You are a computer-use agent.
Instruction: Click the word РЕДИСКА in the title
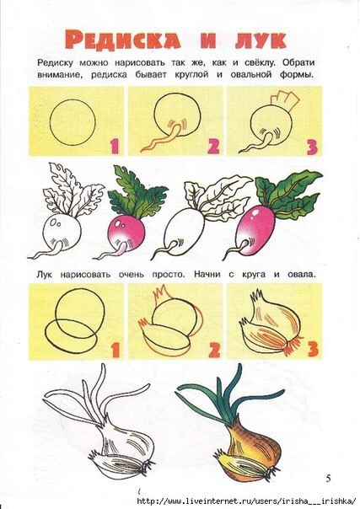tap(123, 40)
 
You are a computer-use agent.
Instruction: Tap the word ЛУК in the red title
tap(261, 40)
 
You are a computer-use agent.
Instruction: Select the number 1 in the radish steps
tap(115, 147)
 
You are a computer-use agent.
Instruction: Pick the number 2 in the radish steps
tap(213, 147)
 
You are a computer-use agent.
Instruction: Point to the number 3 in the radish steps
tap(311, 147)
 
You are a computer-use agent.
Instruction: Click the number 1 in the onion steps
tap(116, 351)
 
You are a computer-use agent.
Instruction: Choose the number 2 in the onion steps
tap(214, 351)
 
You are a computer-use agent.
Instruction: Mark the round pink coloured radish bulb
tap(126, 233)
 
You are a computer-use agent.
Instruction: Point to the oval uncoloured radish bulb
tap(184, 233)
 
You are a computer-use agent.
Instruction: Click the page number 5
tap(329, 478)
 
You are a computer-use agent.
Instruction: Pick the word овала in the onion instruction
tap(301, 275)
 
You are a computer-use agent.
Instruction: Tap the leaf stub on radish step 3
tap(287, 100)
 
